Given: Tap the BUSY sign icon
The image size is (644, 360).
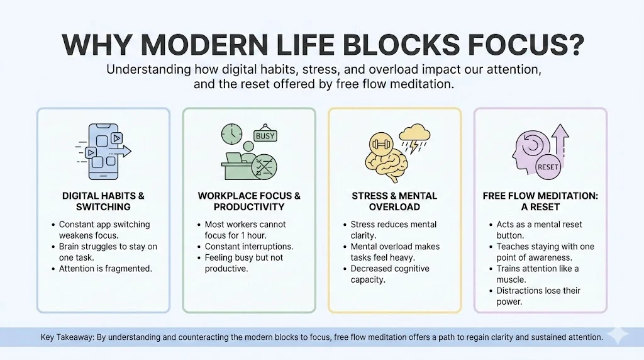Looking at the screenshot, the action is point(265,135).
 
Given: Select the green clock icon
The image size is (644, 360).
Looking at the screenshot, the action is point(231,133).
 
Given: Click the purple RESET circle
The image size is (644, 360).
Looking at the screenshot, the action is point(548,167).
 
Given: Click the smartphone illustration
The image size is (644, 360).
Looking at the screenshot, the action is point(104,152).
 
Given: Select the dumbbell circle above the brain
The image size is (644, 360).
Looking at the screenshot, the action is point(381,144).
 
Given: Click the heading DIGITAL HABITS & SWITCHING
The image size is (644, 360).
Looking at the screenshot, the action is point(104,201).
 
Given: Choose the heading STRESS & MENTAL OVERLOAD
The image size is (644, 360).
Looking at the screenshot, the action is point(394,201).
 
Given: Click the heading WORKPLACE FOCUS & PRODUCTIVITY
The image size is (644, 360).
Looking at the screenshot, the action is point(249,201).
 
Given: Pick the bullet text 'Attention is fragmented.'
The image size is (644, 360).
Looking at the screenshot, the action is point(106,269).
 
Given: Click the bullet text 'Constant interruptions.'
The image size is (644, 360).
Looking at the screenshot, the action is point(249,247).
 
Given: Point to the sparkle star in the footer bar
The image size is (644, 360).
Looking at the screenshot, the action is point(618,336).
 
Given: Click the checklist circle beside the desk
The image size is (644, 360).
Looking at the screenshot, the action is point(264,167).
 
